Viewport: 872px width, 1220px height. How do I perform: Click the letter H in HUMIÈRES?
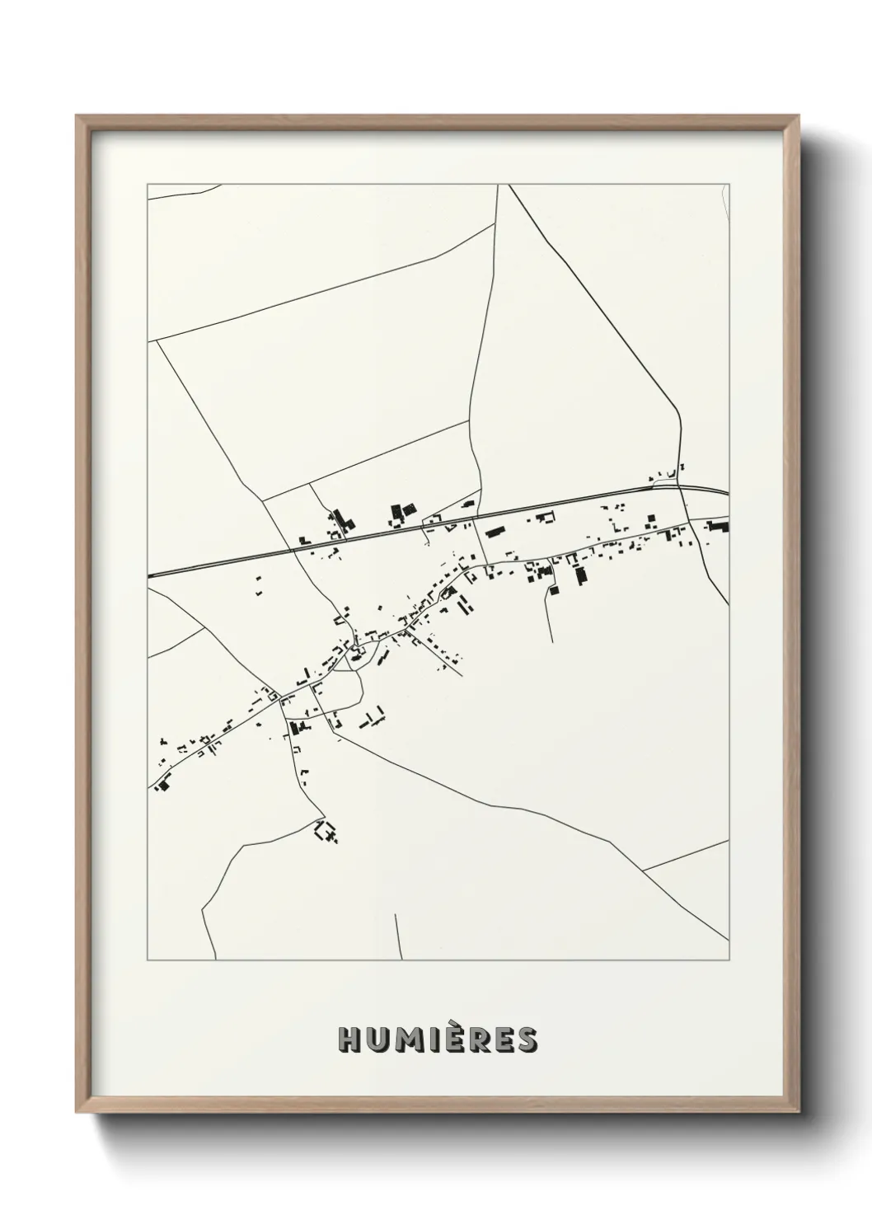[349, 1040]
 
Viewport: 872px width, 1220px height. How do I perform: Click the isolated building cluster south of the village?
[326, 831]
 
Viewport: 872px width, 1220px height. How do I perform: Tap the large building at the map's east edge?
[717, 526]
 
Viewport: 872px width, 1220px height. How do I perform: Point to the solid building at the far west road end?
[162, 785]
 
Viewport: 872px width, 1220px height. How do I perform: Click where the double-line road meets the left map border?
[149, 575]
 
